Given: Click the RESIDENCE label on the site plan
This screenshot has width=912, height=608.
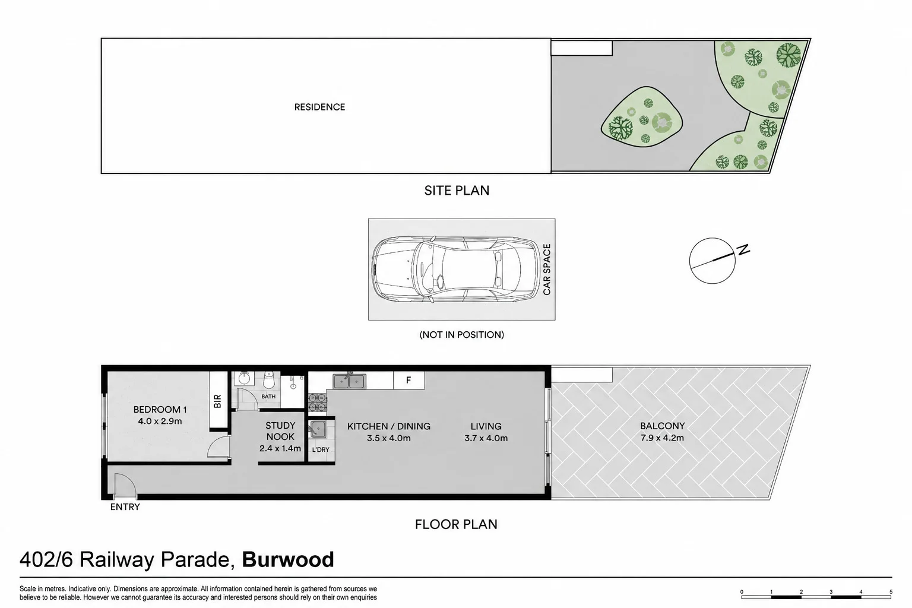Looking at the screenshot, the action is coord(319,107).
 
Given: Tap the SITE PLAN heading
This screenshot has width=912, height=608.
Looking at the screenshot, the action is coord(457,191).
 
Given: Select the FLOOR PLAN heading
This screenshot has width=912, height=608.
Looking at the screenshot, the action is coord(456,524).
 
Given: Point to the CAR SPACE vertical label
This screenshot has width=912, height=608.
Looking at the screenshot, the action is coord(547,270).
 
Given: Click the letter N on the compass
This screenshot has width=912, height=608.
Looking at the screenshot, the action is coord(744,249).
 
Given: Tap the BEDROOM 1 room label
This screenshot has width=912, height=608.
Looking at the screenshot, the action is coord(160,409).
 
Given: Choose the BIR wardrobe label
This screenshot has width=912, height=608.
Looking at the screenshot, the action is coord(217,401).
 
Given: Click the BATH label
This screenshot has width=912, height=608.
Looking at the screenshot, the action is coord(268,396).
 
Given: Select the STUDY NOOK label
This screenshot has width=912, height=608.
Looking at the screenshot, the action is coord(280,431).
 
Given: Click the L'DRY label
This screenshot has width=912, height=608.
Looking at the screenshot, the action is coord(321,449).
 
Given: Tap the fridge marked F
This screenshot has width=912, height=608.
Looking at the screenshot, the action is coord(408,380).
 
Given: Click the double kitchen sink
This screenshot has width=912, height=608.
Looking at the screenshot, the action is coord(349,381).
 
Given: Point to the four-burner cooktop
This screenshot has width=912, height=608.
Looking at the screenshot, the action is coord(317,402).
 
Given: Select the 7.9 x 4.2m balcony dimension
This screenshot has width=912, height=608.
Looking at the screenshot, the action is coord(662,438).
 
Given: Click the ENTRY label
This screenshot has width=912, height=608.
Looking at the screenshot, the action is coord(125,507).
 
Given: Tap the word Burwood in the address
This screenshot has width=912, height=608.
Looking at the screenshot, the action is coord(288,559).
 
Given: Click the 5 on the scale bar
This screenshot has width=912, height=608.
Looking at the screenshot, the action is coord(891,592).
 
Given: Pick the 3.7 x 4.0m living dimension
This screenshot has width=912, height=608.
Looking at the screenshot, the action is coord(486,438).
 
